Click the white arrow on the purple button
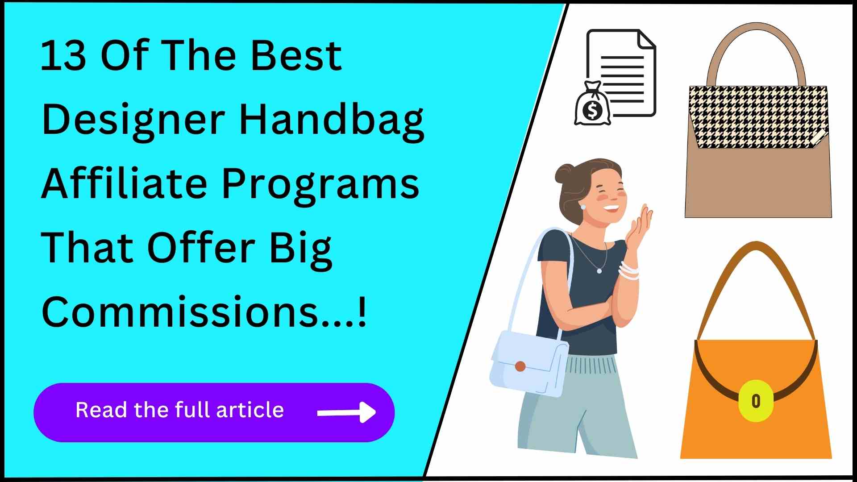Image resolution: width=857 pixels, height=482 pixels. pos(346,412)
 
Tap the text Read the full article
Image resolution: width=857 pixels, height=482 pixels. pos(179,410)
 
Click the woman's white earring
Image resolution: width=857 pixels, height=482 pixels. pos(582,207)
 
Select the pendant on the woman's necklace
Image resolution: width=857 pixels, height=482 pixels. pos(599,270)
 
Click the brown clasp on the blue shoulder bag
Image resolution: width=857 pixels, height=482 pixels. pos(520,366)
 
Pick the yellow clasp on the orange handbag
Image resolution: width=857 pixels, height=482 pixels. pos(756,400)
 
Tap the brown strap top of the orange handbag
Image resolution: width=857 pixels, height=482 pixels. pos(756,248)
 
